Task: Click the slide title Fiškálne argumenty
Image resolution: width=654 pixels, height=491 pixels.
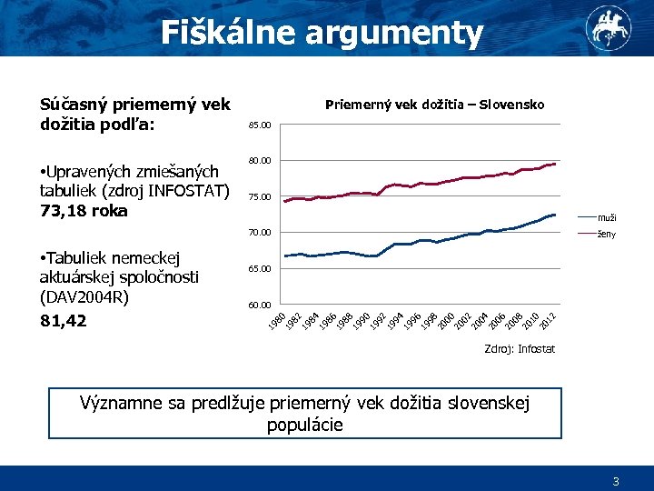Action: tap(322, 33)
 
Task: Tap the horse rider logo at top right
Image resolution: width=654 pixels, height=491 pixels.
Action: tap(608, 27)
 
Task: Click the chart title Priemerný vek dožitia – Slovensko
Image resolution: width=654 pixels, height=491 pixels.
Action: tap(435, 105)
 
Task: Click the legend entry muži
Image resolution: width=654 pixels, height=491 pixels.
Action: tap(607, 217)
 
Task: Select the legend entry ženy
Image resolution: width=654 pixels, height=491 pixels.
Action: tap(607, 235)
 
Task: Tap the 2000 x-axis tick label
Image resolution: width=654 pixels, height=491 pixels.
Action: tap(446, 321)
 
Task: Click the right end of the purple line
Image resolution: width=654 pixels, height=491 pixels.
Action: tap(555, 164)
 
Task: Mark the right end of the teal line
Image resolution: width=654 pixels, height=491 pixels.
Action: tap(555, 215)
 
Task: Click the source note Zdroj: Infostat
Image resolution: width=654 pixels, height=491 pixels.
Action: tap(520, 349)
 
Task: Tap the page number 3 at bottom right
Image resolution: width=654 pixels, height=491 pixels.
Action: tap(616, 482)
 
